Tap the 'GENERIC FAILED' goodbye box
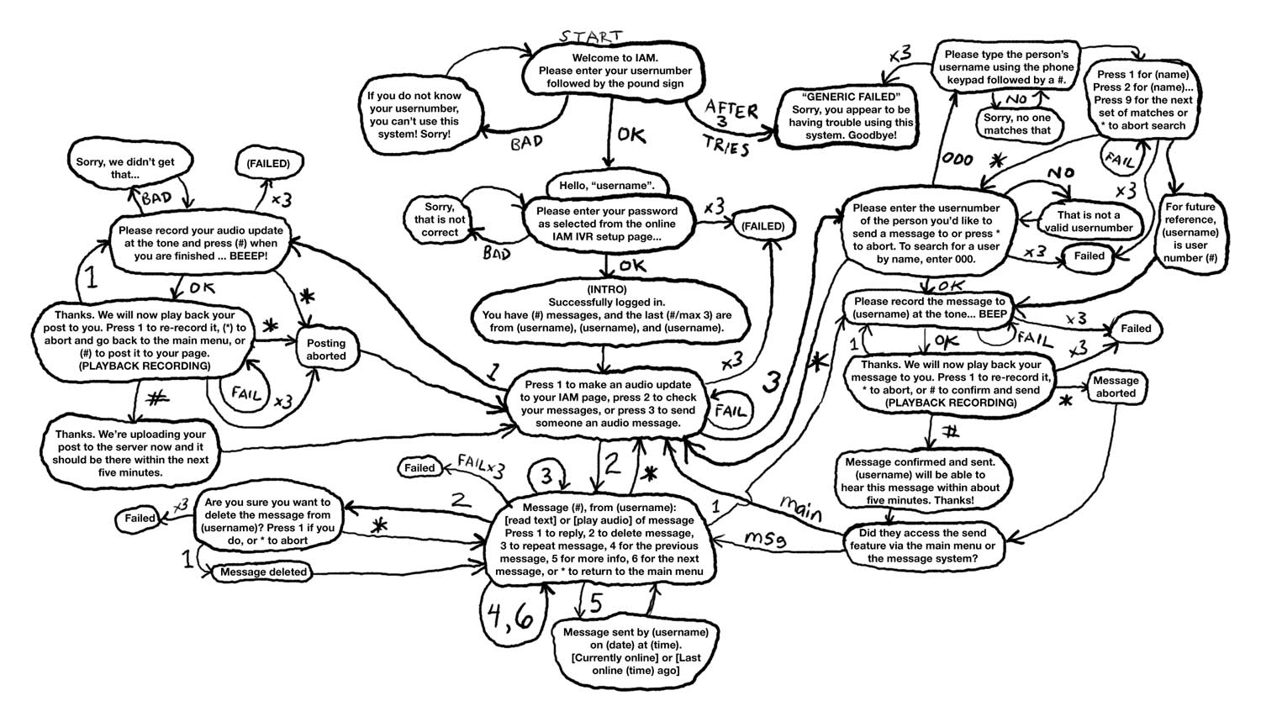[851, 117]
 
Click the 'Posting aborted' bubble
[325, 350]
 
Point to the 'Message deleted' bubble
[263, 572]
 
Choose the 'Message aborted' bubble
[1116, 387]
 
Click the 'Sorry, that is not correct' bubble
[440, 219]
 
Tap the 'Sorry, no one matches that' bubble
[1017, 124]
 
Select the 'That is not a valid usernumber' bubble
[1088, 221]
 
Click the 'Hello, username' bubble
[606, 185]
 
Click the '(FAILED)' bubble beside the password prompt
[762, 226]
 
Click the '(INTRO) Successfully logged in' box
[606, 308]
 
